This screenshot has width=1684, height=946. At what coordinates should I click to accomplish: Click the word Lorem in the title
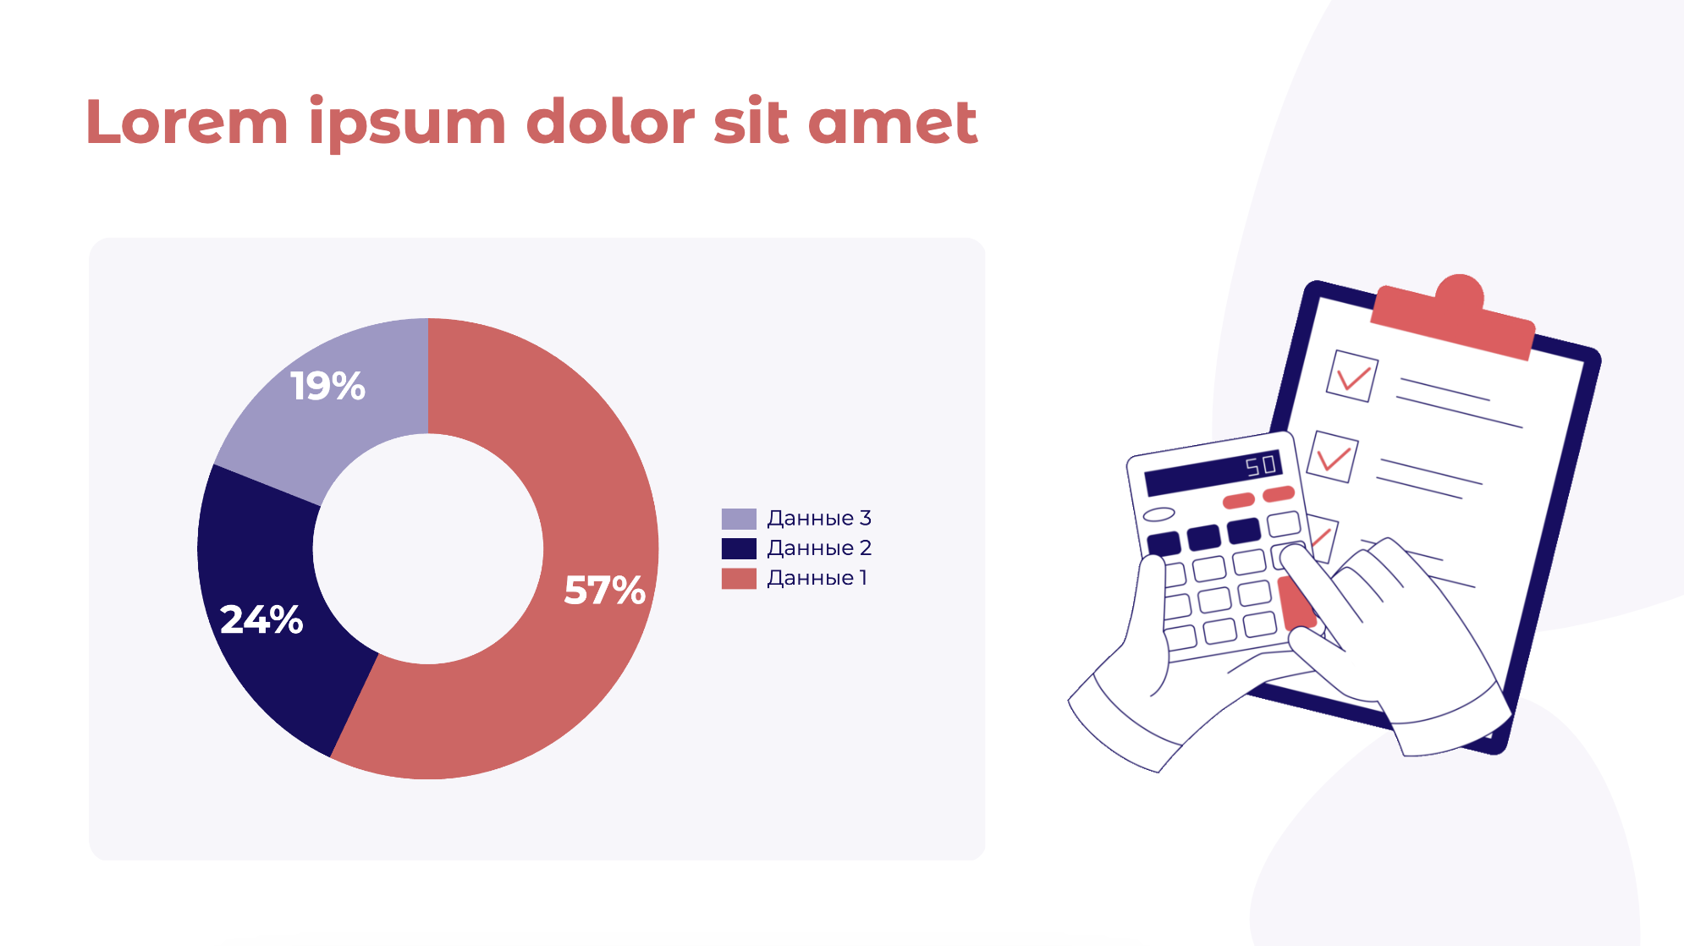(187, 122)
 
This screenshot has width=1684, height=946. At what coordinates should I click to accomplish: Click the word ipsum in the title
(407, 124)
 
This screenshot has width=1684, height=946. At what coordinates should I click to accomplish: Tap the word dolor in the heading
(610, 121)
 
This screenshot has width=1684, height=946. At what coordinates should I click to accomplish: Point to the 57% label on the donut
(604, 591)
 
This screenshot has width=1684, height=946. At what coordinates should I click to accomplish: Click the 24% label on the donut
(261, 619)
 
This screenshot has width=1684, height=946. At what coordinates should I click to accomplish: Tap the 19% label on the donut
(327, 386)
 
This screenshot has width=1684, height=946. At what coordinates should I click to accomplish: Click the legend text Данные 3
(818, 518)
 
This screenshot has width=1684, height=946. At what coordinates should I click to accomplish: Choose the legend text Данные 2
(818, 548)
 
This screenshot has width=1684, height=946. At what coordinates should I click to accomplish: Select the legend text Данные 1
(817, 578)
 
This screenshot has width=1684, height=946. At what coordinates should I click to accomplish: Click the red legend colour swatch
(739, 579)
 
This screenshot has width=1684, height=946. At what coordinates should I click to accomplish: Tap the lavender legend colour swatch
(739, 519)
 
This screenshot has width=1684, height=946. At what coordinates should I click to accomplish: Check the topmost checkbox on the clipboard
(1351, 376)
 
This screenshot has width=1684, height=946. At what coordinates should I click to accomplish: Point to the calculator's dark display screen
(1213, 472)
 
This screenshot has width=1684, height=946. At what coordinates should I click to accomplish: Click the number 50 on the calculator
(1260, 465)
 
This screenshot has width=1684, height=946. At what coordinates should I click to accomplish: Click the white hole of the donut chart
(428, 549)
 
